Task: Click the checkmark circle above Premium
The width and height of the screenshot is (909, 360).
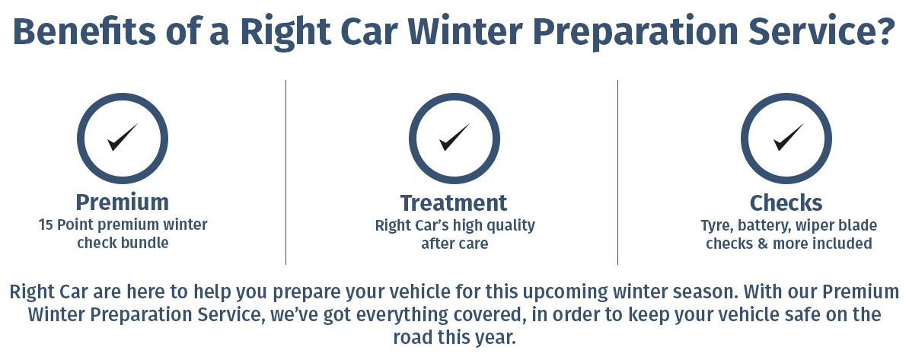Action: [x=123, y=97]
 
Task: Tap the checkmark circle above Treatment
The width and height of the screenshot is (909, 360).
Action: [x=454, y=97]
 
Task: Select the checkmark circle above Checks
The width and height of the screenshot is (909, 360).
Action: [x=786, y=97]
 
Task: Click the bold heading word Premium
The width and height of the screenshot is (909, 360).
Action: [x=123, y=202]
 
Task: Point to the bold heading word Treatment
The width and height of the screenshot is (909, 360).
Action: [x=454, y=203]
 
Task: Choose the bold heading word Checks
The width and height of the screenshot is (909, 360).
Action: [x=786, y=203]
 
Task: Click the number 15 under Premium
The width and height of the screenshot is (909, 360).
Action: [x=45, y=225]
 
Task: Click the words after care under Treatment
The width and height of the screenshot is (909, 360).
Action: [x=454, y=244]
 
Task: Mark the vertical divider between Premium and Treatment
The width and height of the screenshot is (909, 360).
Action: [x=285, y=172]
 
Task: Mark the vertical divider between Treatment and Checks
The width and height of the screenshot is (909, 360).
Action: [x=617, y=172]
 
